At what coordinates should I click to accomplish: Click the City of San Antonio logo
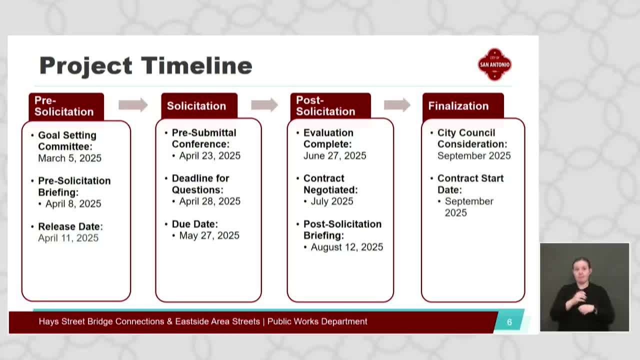click(x=494, y=64)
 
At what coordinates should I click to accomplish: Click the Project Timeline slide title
click(x=145, y=66)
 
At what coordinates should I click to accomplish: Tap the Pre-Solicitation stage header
click(x=66, y=106)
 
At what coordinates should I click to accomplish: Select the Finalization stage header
click(x=463, y=105)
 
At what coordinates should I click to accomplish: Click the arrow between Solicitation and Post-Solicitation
click(x=264, y=105)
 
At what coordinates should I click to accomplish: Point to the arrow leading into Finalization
click(x=397, y=105)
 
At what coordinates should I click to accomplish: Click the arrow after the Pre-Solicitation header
click(x=133, y=105)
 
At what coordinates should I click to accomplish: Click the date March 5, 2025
click(x=69, y=158)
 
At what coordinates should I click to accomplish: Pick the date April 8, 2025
click(x=73, y=203)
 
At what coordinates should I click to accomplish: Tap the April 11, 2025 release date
click(x=68, y=238)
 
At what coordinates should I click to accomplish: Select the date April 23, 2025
click(x=209, y=155)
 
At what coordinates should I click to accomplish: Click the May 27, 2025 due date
click(x=209, y=235)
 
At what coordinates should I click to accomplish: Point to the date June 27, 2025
click(x=334, y=155)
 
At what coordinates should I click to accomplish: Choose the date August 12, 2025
click(x=347, y=247)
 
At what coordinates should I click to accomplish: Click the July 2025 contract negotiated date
click(x=332, y=201)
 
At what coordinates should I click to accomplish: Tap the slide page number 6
click(x=509, y=322)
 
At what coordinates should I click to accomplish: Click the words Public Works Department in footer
click(x=317, y=321)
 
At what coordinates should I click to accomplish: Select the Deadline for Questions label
click(x=200, y=184)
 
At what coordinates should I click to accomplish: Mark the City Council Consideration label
click(x=472, y=138)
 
